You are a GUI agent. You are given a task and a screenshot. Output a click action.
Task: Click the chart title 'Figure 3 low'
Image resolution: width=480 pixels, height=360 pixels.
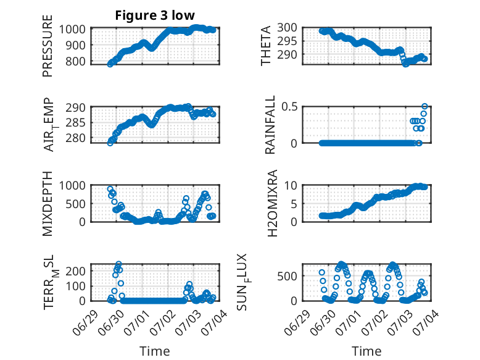[x=155, y=15]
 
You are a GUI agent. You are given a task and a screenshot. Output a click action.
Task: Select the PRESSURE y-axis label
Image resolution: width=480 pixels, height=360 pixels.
[x=48, y=46]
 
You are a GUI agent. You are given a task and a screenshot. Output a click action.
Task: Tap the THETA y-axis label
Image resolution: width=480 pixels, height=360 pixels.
[x=266, y=46]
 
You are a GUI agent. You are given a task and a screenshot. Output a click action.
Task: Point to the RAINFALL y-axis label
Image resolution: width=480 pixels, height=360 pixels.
[x=270, y=125]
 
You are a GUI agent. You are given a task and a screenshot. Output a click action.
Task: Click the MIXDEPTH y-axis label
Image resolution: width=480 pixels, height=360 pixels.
[x=48, y=204]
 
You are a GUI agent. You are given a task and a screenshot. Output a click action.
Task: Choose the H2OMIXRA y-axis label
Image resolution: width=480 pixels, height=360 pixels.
[x=272, y=203]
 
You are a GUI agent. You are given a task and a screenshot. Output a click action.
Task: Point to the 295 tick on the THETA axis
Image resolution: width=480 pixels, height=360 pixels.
[x=287, y=41]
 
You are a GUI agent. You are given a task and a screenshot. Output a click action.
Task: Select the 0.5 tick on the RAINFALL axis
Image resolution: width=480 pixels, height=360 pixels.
[x=289, y=107]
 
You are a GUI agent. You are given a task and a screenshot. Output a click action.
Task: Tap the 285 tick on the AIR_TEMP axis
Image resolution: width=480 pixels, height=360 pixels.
[x=75, y=123]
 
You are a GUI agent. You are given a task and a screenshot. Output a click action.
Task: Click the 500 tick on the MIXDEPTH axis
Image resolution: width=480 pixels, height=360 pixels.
[x=75, y=204]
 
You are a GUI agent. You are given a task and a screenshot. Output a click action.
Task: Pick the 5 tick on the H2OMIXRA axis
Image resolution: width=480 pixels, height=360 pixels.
[x=294, y=204]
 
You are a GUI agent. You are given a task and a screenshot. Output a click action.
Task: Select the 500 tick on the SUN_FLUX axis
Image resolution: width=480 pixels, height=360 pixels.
[x=287, y=277]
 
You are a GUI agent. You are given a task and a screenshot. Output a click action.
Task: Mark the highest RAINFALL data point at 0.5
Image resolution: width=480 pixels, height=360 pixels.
[x=424, y=107]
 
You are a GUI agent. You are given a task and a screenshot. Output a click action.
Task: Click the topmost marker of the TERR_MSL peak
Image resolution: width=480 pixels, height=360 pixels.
[x=119, y=264]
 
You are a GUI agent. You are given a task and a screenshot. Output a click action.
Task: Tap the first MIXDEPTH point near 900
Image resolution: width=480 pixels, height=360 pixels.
[x=110, y=189]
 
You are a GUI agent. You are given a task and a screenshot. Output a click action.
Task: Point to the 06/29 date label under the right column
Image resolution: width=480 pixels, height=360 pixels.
[x=296, y=323]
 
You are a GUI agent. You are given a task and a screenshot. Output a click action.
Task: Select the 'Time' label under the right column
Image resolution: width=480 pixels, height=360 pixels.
[x=366, y=351]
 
